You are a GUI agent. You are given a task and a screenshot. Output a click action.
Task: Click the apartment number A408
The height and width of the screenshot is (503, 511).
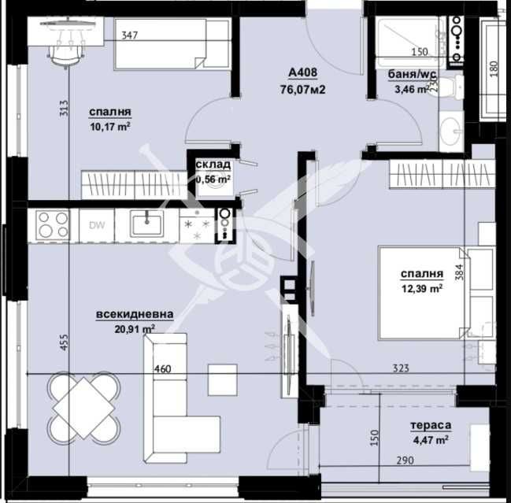pyautogui.click(x=302, y=74)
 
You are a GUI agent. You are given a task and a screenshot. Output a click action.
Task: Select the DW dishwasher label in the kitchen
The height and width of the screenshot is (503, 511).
pyautogui.click(x=97, y=226)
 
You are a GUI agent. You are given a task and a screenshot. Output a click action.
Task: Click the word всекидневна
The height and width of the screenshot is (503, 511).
pyautogui.click(x=135, y=314)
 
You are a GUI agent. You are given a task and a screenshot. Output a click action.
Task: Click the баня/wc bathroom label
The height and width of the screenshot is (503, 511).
pyautogui.click(x=412, y=76)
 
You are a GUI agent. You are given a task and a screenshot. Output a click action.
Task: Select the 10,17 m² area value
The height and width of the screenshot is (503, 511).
pyautogui.click(x=109, y=124)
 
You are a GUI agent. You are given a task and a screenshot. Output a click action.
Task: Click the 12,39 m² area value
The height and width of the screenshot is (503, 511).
pyautogui.click(x=421, y=288)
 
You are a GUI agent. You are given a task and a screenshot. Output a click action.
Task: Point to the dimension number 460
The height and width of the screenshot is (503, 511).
pyautogui.click(x=162, y=369)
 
